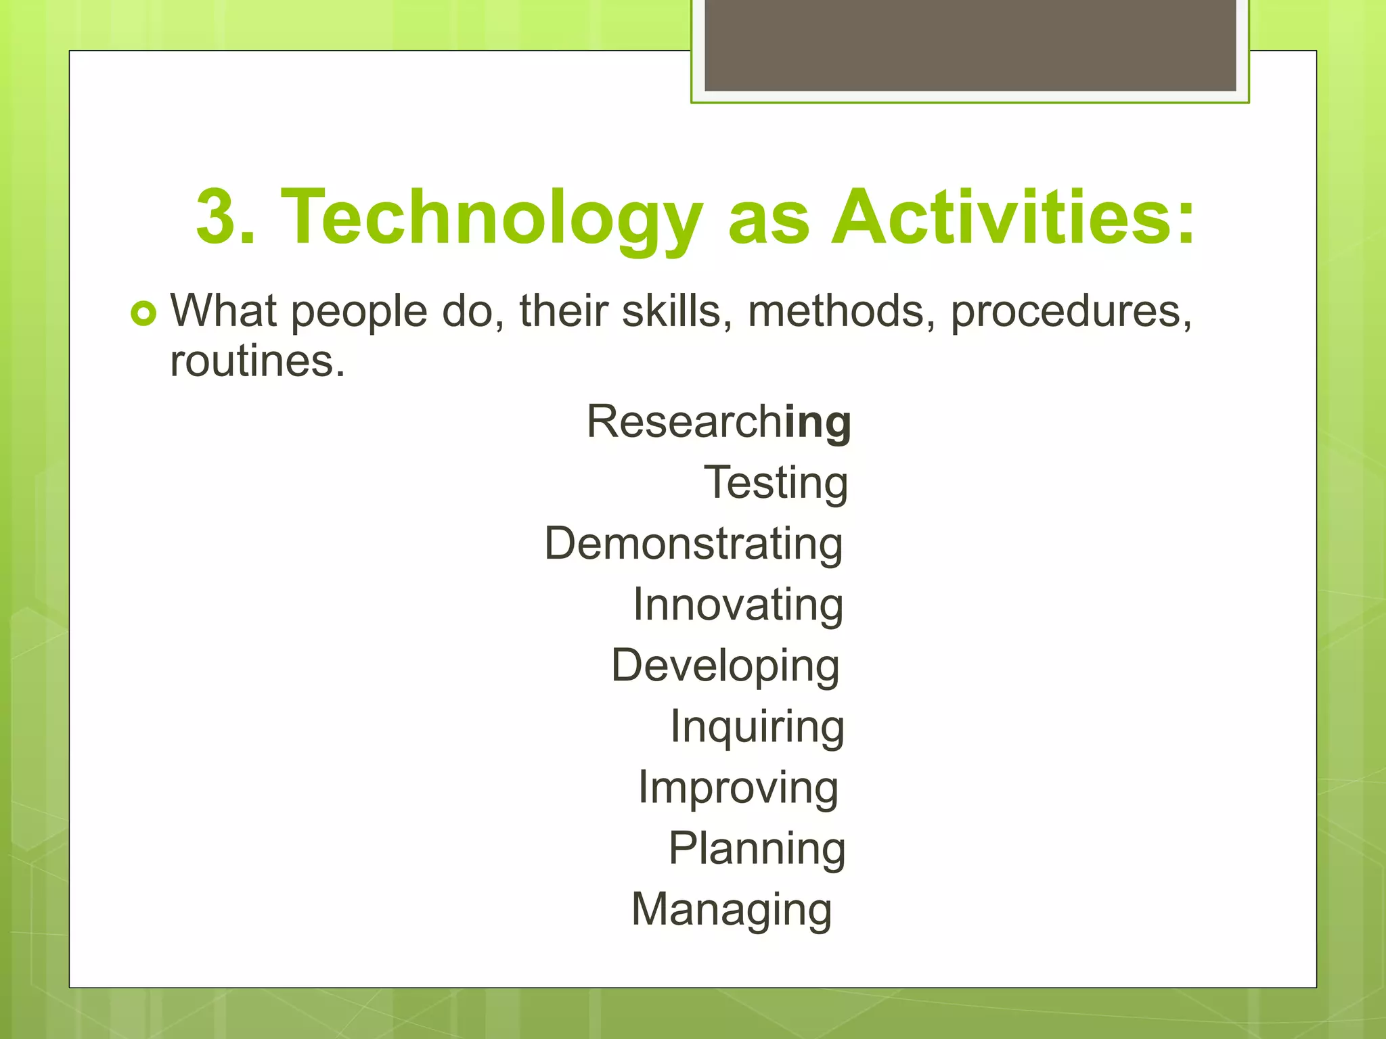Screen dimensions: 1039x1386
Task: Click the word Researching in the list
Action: [719, 421]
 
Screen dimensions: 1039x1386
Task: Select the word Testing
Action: [776, 483]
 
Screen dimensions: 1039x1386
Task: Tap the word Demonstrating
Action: [694, 544]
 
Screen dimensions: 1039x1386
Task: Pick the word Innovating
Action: [738, 605]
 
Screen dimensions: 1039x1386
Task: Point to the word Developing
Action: [725, 666]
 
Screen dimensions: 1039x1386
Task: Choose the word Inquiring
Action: [757, 726]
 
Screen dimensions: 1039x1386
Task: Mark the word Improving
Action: [738, 787]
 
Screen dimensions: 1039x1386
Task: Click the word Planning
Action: [757, 848]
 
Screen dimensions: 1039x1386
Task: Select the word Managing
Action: [732, 909]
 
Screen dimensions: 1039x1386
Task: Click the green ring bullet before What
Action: [143, 313]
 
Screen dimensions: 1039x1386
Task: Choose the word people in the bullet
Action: [359, 313]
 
